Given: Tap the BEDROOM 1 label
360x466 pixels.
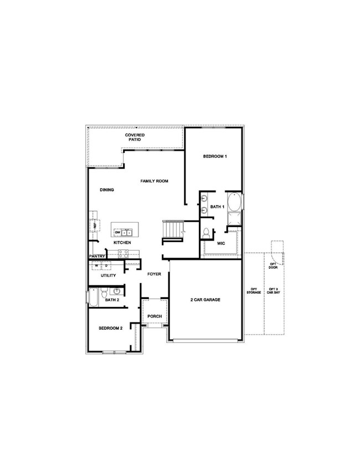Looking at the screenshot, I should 215,157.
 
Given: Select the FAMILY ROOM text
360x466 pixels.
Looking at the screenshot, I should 154,181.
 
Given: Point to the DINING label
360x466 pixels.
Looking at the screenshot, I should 107,190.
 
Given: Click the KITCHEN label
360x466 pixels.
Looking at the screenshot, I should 122,243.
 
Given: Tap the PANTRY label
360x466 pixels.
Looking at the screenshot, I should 96,257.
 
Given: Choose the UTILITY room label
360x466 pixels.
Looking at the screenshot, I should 107,275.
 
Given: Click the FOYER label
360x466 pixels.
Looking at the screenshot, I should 153,274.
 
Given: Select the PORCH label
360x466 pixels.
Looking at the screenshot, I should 155,316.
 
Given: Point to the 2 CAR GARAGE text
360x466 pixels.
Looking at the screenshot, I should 205,300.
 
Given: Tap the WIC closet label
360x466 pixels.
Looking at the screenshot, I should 221,243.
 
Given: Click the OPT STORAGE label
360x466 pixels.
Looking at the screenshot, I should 254,291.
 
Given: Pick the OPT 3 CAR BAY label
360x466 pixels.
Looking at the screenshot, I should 274,291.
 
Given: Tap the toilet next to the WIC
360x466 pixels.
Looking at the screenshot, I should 205,233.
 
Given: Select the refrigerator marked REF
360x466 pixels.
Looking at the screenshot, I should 94,225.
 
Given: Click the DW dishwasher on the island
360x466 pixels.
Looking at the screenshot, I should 117,232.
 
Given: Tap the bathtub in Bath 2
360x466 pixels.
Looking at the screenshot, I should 94,299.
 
